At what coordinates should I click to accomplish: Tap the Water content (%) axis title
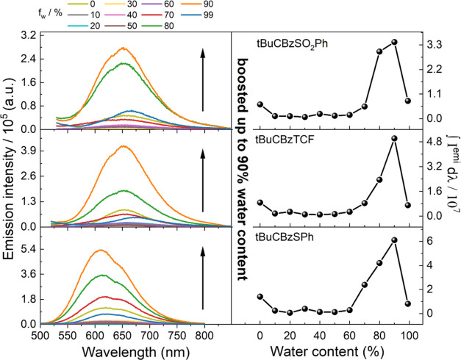click(x=346, y=350)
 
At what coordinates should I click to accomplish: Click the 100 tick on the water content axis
click(x=407, y=334)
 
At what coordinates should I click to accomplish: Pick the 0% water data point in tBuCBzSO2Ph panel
click(x=260, y=104)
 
